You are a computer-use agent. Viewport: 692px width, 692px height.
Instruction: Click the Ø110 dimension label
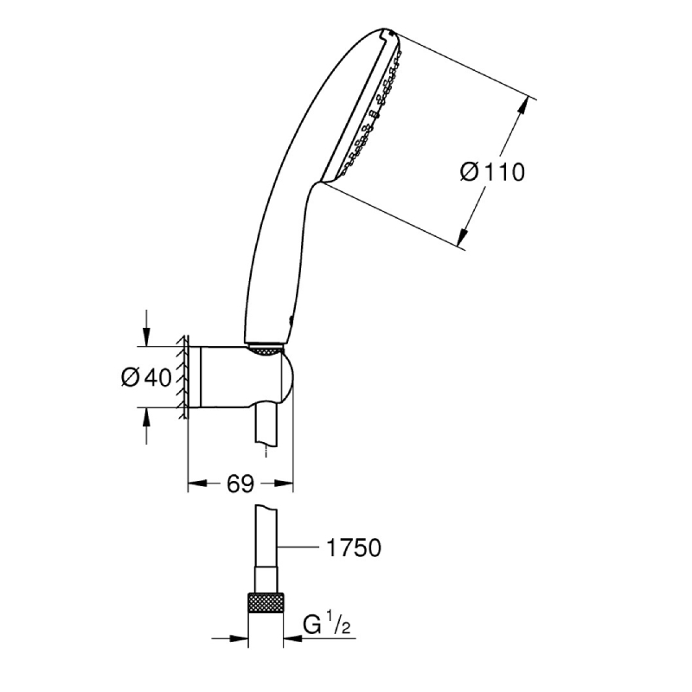tap(492, 171)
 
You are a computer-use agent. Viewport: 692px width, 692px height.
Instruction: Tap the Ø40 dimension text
tap(146, 378)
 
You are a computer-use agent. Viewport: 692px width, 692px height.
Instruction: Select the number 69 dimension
tap(240, 484)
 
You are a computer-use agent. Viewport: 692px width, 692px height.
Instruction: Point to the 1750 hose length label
tap(354, 548)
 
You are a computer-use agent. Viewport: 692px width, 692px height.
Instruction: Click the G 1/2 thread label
tap(327, 624)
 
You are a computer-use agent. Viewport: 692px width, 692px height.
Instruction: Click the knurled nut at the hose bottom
tap(266, 602)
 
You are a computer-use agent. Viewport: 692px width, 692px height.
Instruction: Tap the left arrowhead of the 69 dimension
tap(197, 484)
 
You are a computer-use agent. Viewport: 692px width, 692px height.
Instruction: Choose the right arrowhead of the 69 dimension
tap(284, 484)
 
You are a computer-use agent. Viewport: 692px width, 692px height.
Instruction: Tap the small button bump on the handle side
tap(290, 321)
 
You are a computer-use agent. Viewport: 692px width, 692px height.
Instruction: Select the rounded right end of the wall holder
tap(287, 377)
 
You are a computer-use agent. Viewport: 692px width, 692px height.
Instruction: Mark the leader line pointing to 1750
tap(298, 548)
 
